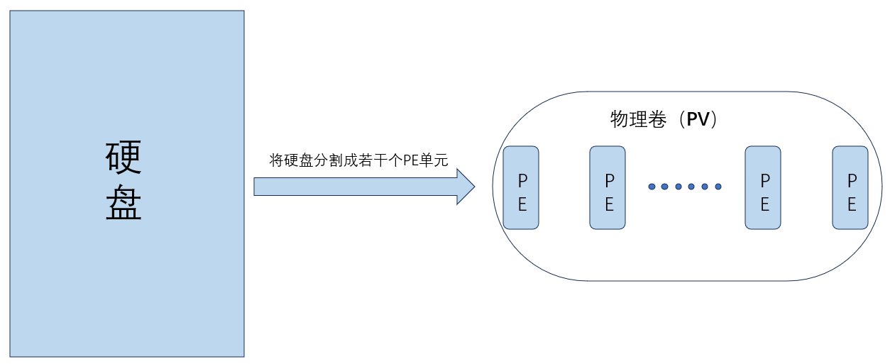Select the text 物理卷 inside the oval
point(639,119)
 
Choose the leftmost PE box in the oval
point(521,187)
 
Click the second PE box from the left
point(608,187)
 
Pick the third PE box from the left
point(763,187)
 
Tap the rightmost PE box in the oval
point(850,187)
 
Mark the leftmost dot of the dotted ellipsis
point(652,187)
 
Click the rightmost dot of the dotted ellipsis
point(718,187)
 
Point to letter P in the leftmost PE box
point(522,180)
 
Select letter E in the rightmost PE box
point(851,205)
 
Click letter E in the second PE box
point(608,205)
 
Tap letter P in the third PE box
point(764,180)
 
